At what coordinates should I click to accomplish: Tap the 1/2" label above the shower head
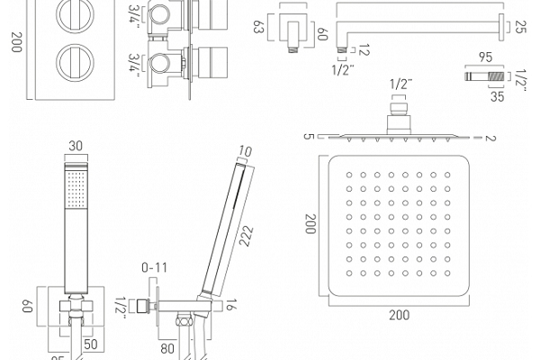point(400,84)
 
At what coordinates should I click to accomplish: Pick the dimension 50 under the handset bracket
point(90,343)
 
